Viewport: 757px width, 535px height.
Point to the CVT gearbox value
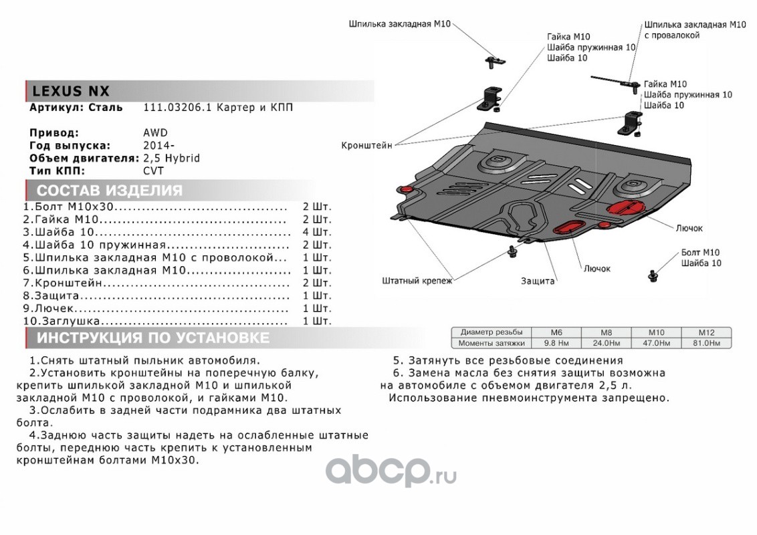pyautogui.click(x=153, y=171)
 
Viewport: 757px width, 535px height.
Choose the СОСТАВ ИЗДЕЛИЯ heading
pyautogui.click(x=110, y=191)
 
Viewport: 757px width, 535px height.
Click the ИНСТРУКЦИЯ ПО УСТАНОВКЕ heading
pyautogui.click(x=153, y=338)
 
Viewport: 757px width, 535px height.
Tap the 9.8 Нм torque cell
pyautogui.click(x=556, y=343)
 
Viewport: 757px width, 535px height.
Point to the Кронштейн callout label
pyautogui.click(x=366, y=144)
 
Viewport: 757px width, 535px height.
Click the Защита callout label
pyautogui.click(x=538, y=282)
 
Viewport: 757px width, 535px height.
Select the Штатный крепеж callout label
pyautogui.click(x=417, y=281)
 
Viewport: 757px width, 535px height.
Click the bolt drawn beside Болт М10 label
pyautogui.click(x=653, y=274)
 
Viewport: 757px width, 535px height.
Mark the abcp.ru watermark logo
pyautogui.click(x=391, y=472)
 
